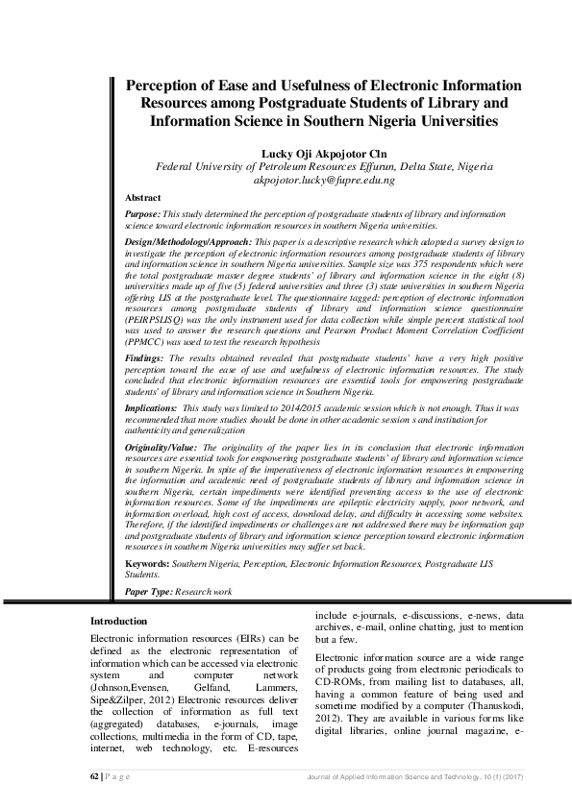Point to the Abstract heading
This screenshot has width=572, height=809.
click(x=143, y=196)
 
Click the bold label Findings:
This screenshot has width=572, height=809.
click(x=145, y=355)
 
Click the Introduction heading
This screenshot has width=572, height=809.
click(x=118, y=622)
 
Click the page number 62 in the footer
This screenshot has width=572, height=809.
click(x=93, y=775)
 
